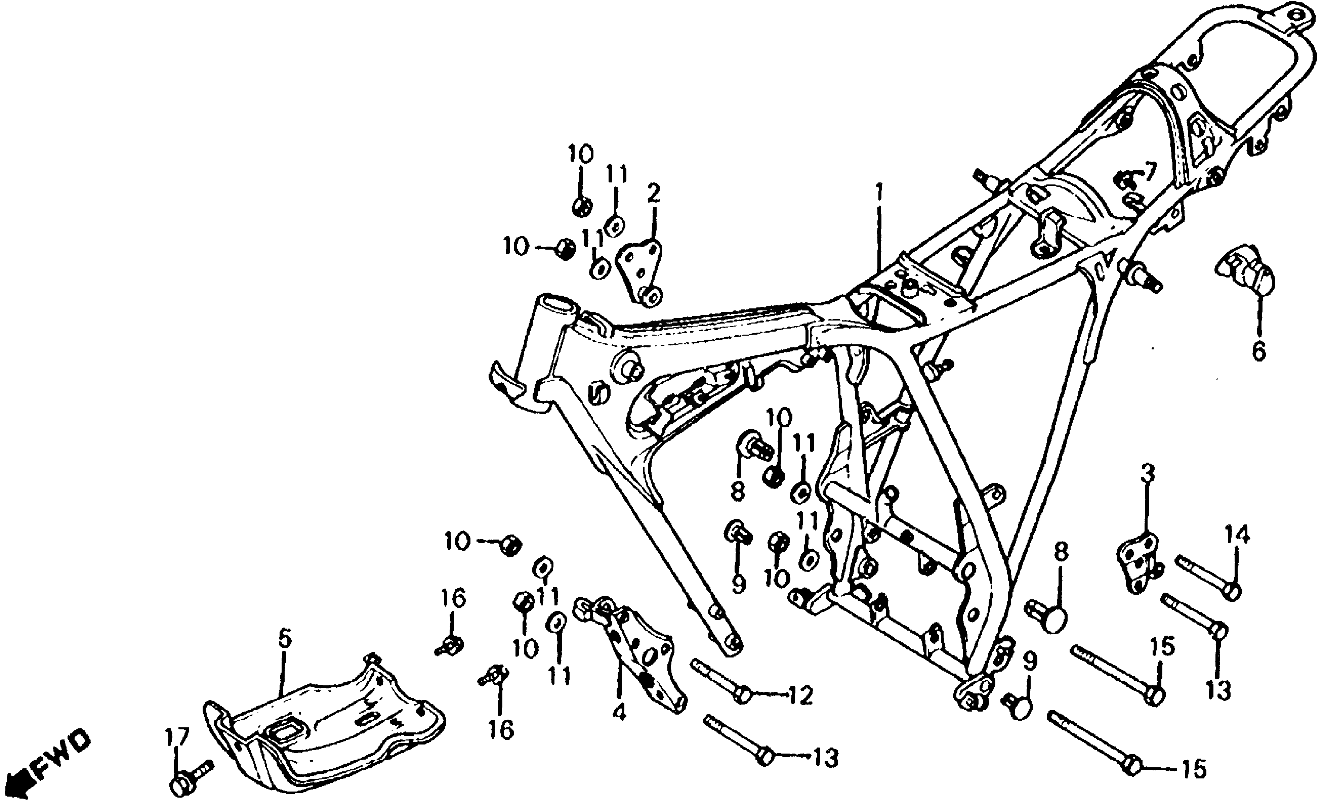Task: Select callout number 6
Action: click(1258, 352)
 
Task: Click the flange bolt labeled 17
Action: click(188, 779)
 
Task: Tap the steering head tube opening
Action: click(553, 306)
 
